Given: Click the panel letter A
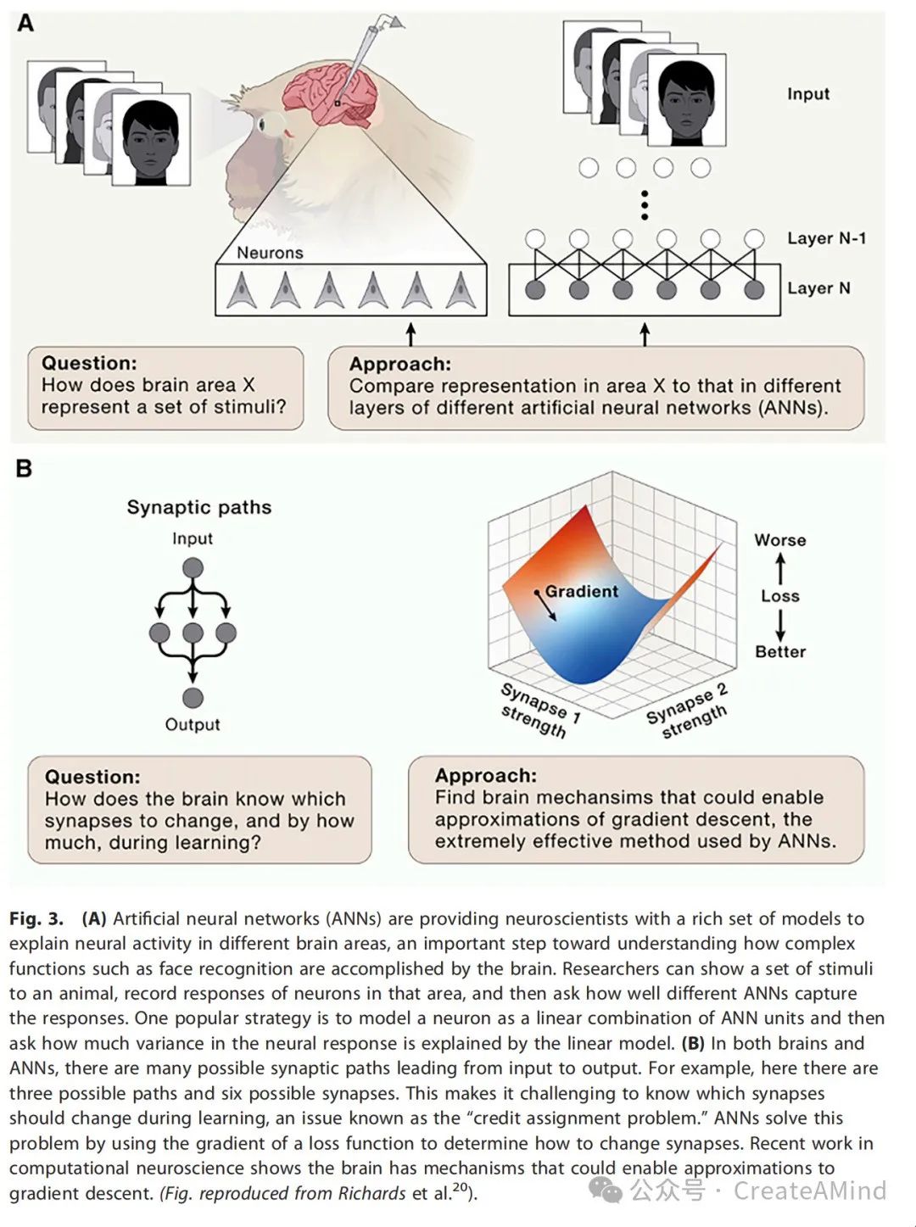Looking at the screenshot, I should pos(25,23).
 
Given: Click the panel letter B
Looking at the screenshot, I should pos(24,468).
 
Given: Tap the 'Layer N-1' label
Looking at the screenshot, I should pos(826,238).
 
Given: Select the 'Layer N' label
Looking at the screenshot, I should pos(818,288).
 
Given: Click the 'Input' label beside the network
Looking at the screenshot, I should pos(807,94).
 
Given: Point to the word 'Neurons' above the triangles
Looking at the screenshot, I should pos(270,253).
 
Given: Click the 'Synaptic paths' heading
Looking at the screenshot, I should pos(199,507).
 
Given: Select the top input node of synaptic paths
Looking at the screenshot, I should pos(193,568).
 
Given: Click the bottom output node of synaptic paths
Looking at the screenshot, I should pos(193,698).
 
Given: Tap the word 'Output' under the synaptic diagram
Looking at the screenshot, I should pos(193,724).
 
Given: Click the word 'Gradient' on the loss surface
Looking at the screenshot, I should pos(581,591).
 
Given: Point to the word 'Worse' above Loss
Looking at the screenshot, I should pos(780,540).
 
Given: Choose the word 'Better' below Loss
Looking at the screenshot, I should pos(780,651).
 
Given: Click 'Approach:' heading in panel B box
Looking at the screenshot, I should pos(485,775).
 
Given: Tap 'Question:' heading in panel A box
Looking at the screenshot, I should pos(89,363).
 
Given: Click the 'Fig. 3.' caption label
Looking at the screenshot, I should pos(36,918).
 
